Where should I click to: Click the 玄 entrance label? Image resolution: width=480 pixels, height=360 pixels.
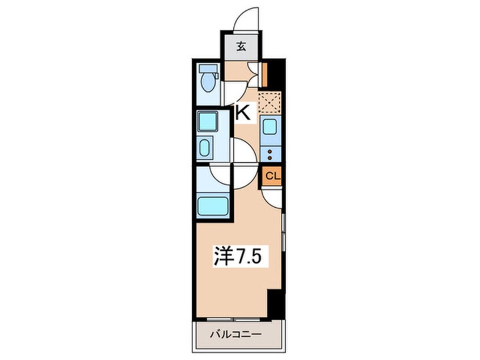click(241, 47)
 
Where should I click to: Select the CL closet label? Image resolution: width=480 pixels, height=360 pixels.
click(272, 176)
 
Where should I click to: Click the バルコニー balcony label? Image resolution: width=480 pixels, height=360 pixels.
click(235, 334)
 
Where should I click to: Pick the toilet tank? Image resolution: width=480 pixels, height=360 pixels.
click(208, 69)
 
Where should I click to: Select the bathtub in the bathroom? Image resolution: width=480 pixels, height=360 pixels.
click(213, 207)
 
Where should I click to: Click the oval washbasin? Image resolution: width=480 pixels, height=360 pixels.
click(204, 148)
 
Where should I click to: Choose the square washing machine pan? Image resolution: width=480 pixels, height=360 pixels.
click(207, 122)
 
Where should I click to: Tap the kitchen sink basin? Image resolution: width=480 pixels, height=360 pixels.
click(270, 126)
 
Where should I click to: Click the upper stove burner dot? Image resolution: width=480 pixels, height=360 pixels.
click(270, 151)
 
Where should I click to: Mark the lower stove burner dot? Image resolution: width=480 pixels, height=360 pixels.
click(270, 158)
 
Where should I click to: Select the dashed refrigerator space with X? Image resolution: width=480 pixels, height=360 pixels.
click(270, 102)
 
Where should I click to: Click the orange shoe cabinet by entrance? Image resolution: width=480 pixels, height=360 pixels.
click(265, 74)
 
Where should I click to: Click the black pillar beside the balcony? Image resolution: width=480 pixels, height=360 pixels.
click(276, 304)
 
